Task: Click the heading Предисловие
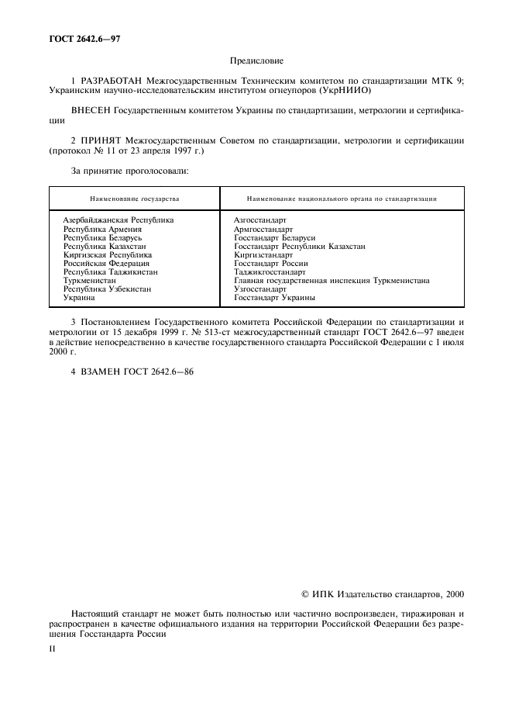point(256,60)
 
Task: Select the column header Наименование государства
point(134,199)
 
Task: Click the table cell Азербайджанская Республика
point(119,220)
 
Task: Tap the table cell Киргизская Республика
point(108,254)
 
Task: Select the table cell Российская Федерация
point(106,263)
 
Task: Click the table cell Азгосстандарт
point(259,220)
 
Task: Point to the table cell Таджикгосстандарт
point(270,271)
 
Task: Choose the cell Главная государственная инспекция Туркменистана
point(332,281)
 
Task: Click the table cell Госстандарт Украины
point(274,298)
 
